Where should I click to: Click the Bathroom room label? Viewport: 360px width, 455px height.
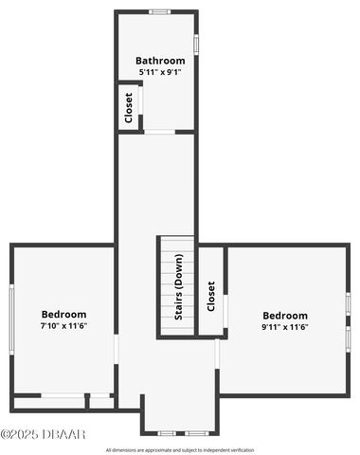160,61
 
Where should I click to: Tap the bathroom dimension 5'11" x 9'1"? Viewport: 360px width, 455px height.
160,71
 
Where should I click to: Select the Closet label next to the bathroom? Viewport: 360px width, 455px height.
129,107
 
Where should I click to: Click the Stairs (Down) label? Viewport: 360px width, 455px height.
178,287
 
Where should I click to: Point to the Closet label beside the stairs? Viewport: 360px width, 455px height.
211,296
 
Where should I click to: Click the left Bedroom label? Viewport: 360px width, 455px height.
63,315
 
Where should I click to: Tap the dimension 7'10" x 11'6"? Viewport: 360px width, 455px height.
63,326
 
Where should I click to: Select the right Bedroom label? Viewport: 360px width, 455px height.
285,316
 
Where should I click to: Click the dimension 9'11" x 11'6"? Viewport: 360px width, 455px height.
285,327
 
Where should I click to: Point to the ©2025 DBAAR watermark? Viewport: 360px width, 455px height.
44,434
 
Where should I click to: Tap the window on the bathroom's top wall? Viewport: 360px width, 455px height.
159,11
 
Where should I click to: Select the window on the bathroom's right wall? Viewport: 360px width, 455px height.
196,45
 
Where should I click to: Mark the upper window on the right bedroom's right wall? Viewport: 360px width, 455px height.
348,303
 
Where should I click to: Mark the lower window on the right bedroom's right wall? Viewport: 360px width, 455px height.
348,337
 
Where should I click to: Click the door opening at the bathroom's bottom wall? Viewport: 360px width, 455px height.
159,132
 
